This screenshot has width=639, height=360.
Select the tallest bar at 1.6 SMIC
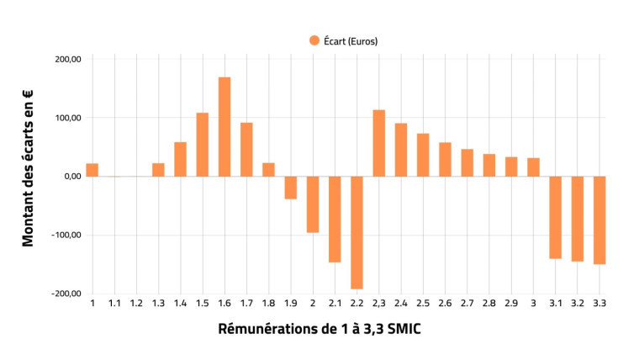click(224, 126)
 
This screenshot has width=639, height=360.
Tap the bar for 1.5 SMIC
click(203, 144)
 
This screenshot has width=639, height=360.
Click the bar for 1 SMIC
click(92, 169)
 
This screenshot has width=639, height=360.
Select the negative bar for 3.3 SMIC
click(599, 220)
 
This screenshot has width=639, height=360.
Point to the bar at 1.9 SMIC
click(291, 188)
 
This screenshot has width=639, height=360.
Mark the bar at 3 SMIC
click(533, 167)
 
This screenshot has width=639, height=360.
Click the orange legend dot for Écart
click(314, 40)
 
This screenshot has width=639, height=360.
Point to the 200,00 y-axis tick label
click(67, 59)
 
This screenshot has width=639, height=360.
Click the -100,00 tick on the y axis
click(66, 235)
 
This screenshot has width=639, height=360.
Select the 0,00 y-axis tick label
click(70, 176)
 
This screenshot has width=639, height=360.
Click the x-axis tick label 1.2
click(136, 303)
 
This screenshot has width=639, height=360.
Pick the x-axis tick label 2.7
click(467, 303)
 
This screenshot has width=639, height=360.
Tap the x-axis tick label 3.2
click(578, 303)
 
